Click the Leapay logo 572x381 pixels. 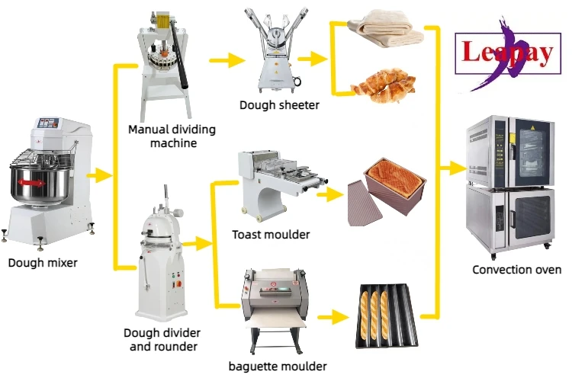click(x=507, y=53)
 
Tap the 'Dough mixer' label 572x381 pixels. click(x=43, y=264)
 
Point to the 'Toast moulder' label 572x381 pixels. click(x=271, y=234)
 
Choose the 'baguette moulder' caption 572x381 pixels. click(x=278, y=367)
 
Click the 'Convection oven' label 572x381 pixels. click(x=516, y=270)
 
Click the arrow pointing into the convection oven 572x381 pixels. click(x=451, y=166)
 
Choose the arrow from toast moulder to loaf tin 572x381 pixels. click(x=328, y=195)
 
